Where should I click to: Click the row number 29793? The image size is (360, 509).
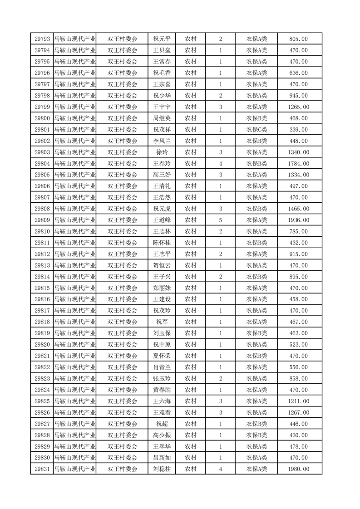click(42, 39)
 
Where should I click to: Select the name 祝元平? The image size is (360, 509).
click(162, 39)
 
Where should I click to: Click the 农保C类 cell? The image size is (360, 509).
click(256, 130)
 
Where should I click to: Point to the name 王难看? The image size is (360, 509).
click(162, 413)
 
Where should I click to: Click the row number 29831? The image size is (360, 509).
click(42, 470)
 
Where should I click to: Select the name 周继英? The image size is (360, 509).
click(162, 118)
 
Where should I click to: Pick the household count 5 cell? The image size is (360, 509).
click(220, 220)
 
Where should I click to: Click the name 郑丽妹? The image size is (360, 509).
click(162, 288)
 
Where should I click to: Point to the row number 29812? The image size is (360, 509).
click(42, 254)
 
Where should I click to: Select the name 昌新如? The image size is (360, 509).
click(162, 458)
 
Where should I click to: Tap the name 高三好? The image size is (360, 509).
click(162, 175)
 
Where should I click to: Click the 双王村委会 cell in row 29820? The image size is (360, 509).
click(122, 345)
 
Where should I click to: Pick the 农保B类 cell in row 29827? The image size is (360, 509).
click(256, 424)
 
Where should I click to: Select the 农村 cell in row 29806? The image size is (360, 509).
click(190, 186)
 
